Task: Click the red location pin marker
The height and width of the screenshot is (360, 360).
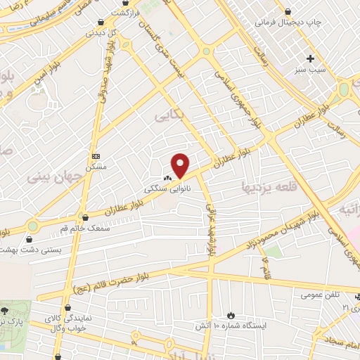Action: tap(181, 165)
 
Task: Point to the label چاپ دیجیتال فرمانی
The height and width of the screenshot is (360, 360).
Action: tap(316, 22)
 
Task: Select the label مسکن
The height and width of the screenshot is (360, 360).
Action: tap(96, 167)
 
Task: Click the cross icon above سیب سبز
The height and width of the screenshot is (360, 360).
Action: tap(310, 58)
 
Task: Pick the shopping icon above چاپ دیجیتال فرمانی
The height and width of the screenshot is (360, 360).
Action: tap(289, 11)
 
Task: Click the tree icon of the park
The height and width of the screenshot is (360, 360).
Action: tap(5, 310)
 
